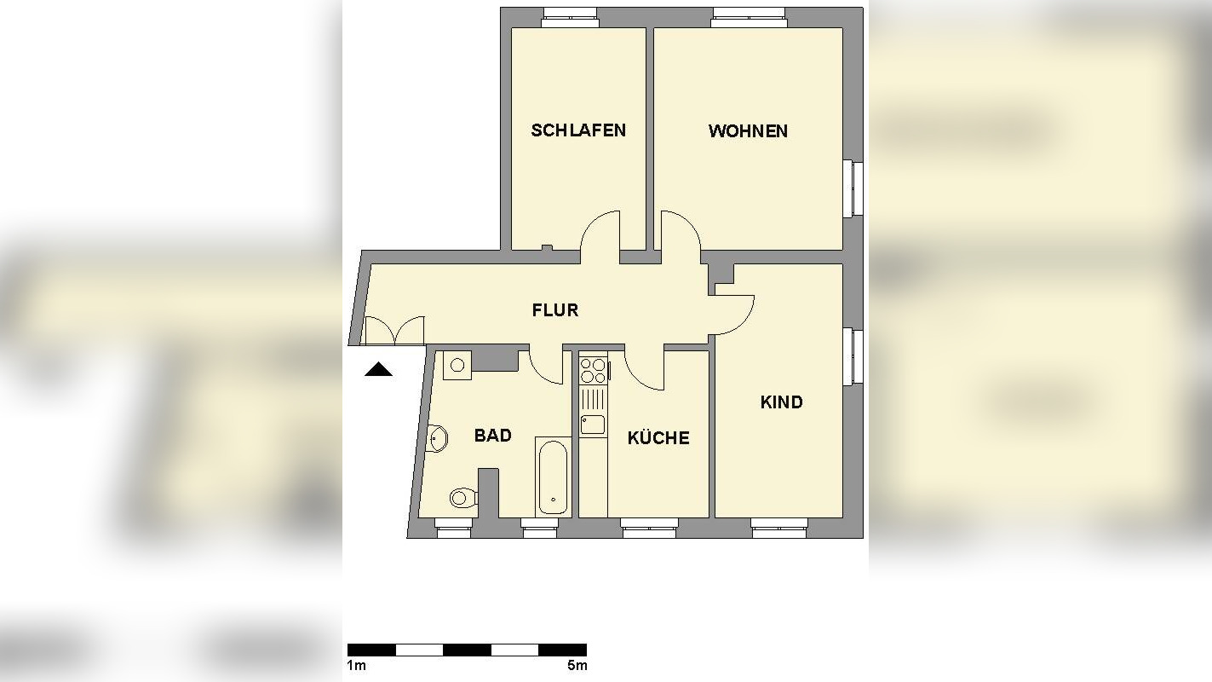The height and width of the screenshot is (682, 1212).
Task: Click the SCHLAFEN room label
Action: tap(578, 130)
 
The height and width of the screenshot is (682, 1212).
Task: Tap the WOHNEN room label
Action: tap(748, 131)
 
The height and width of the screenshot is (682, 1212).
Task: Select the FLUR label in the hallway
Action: tap(555, 310)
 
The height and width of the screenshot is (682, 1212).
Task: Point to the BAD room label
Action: tap(492, 436)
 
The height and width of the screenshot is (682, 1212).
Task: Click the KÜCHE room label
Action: tap(658, 438)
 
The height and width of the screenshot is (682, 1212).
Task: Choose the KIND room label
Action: tap(781, 402)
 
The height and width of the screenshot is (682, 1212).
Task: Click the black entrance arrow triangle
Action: tap(378, 369)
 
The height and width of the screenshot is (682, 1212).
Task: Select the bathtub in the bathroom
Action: tap(553, 477)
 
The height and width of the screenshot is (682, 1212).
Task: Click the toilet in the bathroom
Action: tap(462, 496)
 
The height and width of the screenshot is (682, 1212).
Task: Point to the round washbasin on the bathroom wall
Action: tap(438, 439)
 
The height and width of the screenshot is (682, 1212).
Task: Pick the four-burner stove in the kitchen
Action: tap(593, 371)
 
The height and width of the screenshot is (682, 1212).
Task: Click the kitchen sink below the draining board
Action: tap(593, 424)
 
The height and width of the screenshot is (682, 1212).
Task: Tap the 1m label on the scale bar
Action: tap(356, 666)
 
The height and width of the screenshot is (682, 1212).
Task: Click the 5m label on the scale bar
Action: tap(577, 666)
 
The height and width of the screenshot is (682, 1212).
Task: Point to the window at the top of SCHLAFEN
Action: tap(570, 17)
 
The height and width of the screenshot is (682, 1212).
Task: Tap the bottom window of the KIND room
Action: tap(778, 529)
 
